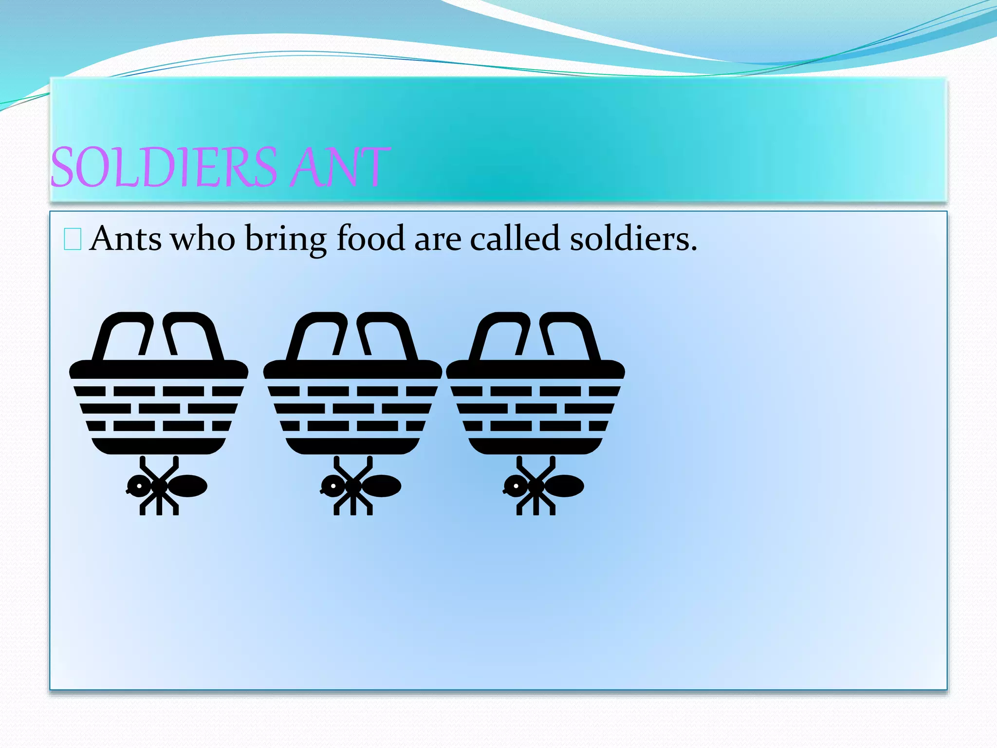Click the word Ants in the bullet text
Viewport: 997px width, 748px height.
pyautogui.click(x=126, y=239)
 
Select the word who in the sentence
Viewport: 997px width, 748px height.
pyautogui.click(x=203, y=239)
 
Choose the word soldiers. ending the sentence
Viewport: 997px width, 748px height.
pyautogui.click(x=633, y=239)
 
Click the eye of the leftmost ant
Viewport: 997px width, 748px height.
pyautogui.click(x=140, y=486)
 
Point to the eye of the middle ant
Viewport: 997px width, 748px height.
pyautogui.click(x=334, y=486)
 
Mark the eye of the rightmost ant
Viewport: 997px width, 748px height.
pyautogui.click(x=516, y=486)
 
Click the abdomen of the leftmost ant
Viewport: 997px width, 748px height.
pyautogui.click(x=188, y=486)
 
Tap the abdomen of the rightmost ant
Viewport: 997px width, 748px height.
pyautogui.click(x=565, y=486)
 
